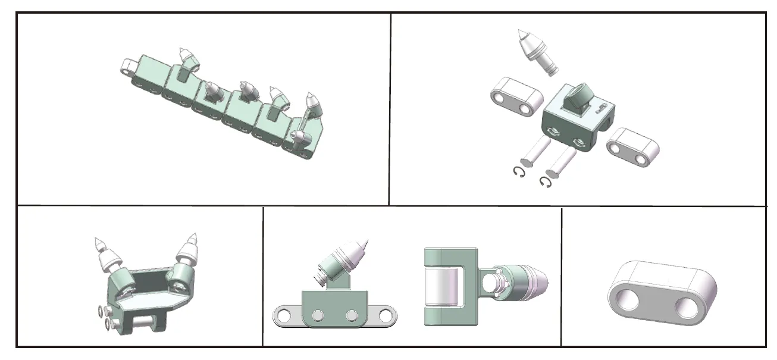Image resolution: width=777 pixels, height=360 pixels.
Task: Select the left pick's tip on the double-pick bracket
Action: tap(97, 240)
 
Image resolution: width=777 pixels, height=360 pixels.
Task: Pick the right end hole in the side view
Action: tap(386, 314)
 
